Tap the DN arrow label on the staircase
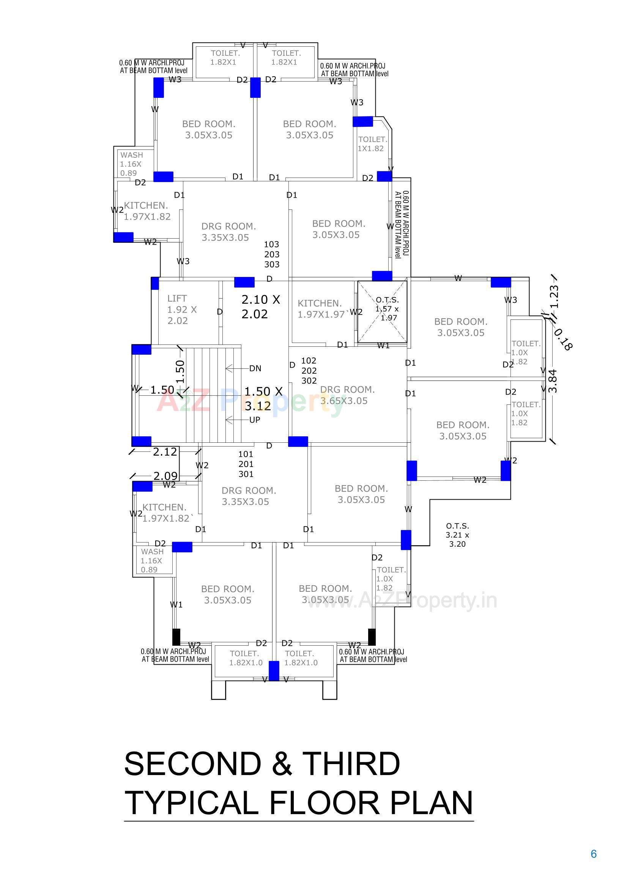[x=255, y=368]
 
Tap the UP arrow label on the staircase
[x=254, y=420]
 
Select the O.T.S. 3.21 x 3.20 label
[x=457, y=535]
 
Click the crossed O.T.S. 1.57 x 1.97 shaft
[x=382, y=312]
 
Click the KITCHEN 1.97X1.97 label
[x=320, y=309]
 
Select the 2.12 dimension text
[x=165, y=451]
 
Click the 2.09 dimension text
[x=165, y=476]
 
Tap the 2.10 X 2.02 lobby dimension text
[x=260, y=307]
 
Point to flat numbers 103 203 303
[x=272, y=254]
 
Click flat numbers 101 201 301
[x=246, y=464]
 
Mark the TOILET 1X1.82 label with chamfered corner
[x=372, y=144]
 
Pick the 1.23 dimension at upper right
[x=554, y=296]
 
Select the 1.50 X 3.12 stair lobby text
[x=263, y=399]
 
